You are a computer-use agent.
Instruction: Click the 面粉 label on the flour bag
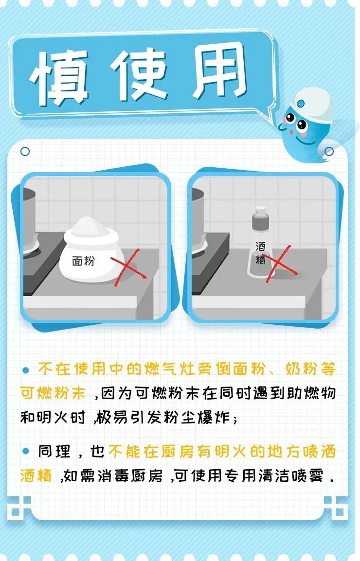(x=83, y=261)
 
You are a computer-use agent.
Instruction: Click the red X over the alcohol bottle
(x=279, y=264)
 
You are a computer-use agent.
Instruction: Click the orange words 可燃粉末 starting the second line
(x=53, y=393)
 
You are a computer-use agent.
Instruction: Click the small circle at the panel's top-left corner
(x=25, y=152)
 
